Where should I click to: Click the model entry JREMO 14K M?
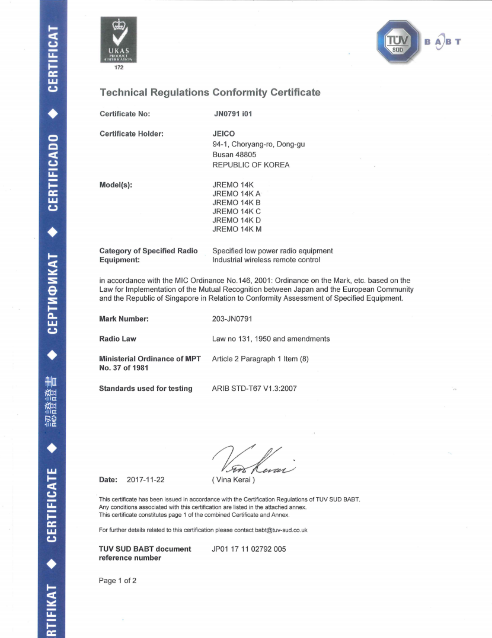coord(237,229)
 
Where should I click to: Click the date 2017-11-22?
coord(146,480)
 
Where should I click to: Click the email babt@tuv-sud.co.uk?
coord(281,530)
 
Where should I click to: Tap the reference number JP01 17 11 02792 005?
coord(249,549)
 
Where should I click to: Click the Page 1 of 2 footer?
coord(117,581)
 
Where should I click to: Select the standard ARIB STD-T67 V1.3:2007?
coord(254,388)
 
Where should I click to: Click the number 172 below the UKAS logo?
coord(119,68)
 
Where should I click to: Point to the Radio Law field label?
coord(117,339)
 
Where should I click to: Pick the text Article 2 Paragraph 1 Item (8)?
coord(260,359)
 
